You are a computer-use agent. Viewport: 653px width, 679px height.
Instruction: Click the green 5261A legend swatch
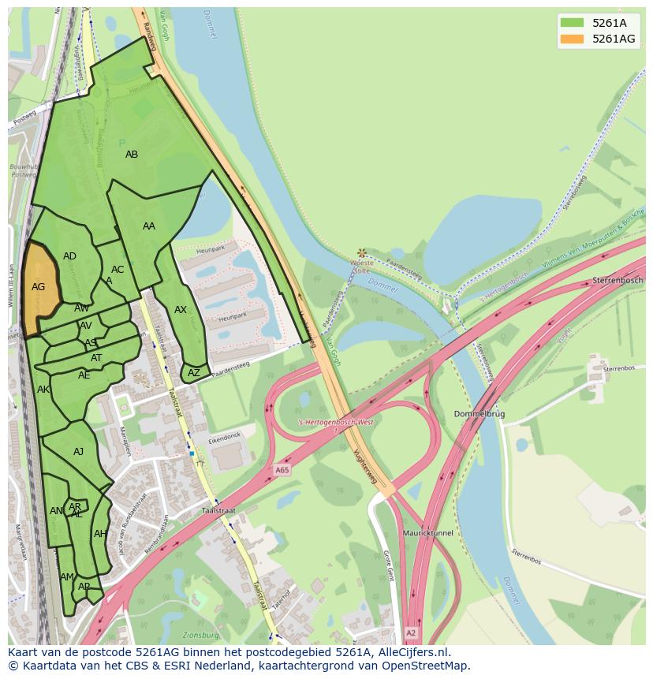pyautogui.click(x=572, y=23)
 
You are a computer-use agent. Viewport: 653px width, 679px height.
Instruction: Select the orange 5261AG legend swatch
pyautogui.click(x=572, y=39)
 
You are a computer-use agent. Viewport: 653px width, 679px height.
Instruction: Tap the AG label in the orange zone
pyautogui.click(x=38, y=287)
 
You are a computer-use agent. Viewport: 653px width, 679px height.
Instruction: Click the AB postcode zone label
pyautogui.click(x=132, y=155)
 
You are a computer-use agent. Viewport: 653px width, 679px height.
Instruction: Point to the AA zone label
pyautogui.click(x=149, y=226)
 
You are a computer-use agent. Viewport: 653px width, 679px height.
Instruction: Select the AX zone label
pyautogui.click(x=181, y=310)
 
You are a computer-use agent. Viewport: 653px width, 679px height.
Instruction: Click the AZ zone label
pyautogui.click(x=194, y=372)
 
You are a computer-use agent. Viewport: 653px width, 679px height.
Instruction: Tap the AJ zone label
pyautogui.click(x=78, y=452)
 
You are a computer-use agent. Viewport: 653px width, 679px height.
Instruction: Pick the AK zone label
pyautogui.click(x=43, y=390)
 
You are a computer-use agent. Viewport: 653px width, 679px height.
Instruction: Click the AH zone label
pyautogui.click(x=100, y=534)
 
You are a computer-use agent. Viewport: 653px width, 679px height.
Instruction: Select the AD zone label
pyautogui.click(x=69, y=256)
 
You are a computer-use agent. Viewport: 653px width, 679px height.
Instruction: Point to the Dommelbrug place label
pyautogui.click(x=479, y=414)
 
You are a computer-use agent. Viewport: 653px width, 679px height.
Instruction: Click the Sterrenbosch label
pyautogui.click(x=621, y=280)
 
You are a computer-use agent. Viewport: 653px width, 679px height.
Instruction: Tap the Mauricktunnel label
pyautogui.click(x=427, y=533)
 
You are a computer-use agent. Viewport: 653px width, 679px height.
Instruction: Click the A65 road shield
pyautogui.click(x=282, y=470)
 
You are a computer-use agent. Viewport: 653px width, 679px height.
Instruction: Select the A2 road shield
pyautogui.click(x=410, y=632)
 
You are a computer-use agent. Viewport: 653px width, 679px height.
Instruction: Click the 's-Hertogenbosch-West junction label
pyautogui.click(x=337, y=422)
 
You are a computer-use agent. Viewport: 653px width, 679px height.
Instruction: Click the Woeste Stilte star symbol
pyautogui.click(x=361, y=253)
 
